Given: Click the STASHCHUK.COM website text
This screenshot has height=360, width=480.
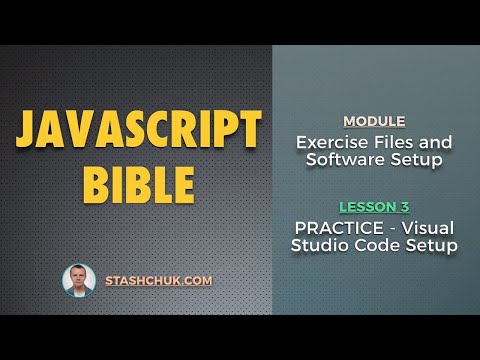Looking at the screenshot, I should coord(158,281).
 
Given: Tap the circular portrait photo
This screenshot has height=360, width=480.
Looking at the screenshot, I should coord(79,280).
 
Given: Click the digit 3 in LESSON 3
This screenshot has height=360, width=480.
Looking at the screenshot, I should coord(404,207).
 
